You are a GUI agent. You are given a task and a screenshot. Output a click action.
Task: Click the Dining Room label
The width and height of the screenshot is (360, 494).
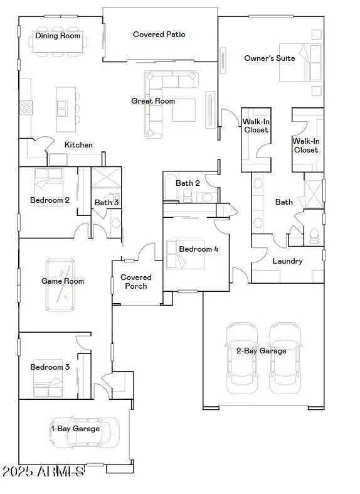58,36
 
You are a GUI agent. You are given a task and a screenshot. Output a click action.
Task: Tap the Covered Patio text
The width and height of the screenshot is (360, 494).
159,35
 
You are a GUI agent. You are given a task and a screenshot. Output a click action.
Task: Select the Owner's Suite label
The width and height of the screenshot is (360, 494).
269,58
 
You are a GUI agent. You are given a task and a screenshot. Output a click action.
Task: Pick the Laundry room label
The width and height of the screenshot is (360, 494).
288,261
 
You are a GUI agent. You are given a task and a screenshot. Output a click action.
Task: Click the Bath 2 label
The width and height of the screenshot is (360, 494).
188,183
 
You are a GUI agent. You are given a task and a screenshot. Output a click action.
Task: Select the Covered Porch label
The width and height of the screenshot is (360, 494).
136,282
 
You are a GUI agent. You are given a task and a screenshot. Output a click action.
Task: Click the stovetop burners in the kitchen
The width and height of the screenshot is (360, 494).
27,108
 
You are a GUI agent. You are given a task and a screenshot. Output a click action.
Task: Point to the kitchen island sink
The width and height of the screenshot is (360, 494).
62,108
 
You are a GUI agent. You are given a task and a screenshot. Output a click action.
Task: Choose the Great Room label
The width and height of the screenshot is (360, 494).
153,101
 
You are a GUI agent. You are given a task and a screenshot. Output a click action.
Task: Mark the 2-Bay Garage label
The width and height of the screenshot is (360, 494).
261,351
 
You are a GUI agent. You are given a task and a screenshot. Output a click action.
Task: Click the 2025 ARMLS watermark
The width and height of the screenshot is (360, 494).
43,471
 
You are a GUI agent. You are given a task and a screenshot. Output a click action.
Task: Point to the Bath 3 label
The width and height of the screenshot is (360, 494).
106,203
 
